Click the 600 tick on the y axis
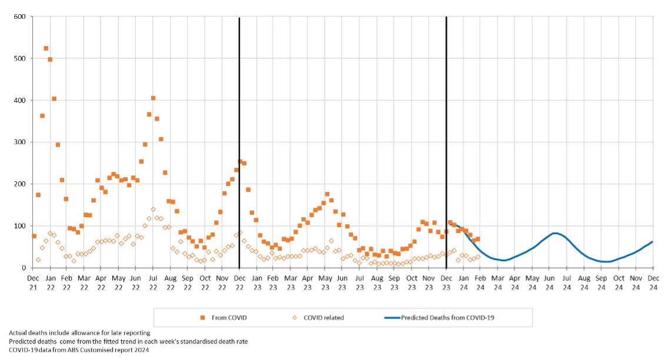[20, 16]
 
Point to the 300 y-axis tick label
[20, 142]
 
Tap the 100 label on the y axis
[20, 226]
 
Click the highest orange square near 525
[46, 48]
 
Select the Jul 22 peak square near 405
[153, 98]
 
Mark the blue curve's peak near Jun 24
[555, 234]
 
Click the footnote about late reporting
[79, 334]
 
